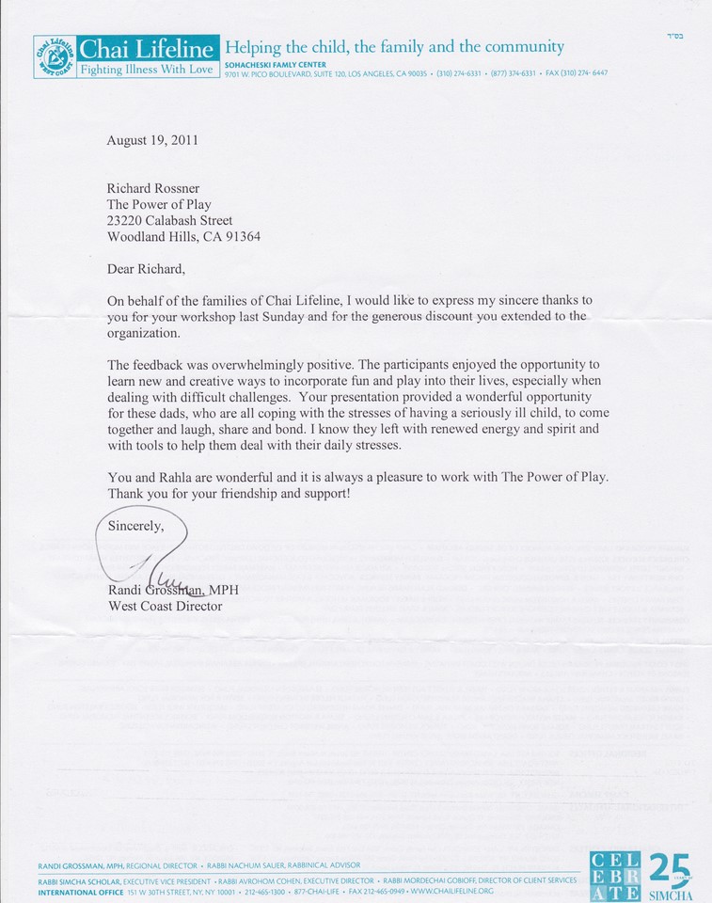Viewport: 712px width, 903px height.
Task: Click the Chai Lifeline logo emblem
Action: (54, 57)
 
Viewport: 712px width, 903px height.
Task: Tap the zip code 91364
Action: (238, 237)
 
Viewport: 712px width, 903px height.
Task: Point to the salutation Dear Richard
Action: (146, 269)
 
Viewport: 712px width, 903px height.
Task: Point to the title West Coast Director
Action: (166, 607)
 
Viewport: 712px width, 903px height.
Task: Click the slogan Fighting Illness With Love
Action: (149, 69)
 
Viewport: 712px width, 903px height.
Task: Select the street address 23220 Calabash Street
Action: (170, 220)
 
